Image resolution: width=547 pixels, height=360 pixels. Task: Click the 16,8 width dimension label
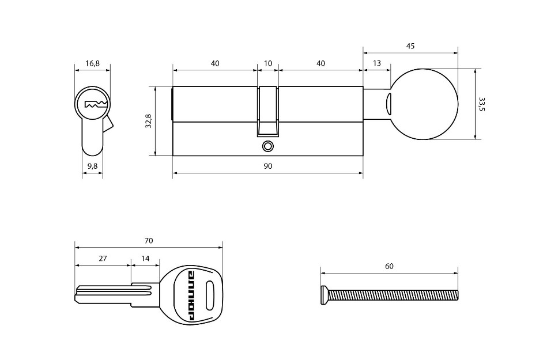92,63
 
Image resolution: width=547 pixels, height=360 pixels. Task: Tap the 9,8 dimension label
92,166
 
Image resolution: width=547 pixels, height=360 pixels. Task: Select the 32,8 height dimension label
148,121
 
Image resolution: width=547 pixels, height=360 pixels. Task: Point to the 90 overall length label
267,166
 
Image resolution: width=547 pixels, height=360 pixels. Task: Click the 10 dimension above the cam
268,63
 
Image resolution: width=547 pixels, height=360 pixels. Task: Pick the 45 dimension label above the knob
410,46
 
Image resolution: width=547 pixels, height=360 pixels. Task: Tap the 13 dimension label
377,63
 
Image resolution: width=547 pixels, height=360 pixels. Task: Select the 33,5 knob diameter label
482,104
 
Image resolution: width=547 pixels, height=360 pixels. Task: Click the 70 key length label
149,240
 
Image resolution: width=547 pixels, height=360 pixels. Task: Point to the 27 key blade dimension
103,258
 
